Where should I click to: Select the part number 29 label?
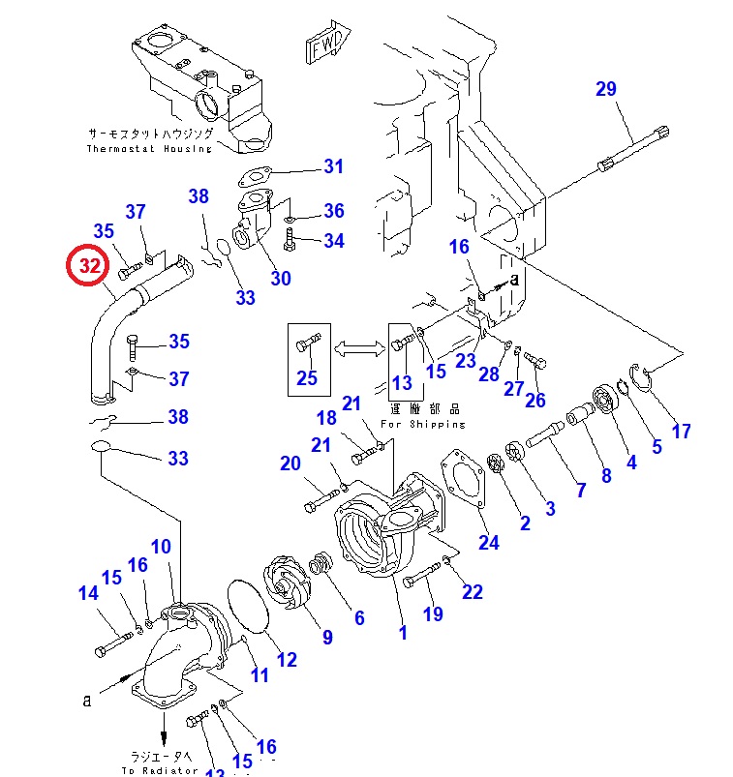[605, 90]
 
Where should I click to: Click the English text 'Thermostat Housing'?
[149, 149]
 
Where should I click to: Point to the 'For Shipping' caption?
[422, 424]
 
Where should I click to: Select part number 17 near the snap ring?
[682, 431]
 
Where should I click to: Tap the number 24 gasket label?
[488, 543]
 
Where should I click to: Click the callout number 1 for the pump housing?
[403, 633]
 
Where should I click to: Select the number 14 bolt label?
[88, 594]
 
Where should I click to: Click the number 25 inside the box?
[307, 377]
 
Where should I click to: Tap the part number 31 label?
[333, 166]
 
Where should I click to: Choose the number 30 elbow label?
[280, 279]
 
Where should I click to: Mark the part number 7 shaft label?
[581, 490]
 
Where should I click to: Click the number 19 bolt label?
[432, 613]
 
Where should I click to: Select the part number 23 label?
[467, 361]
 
